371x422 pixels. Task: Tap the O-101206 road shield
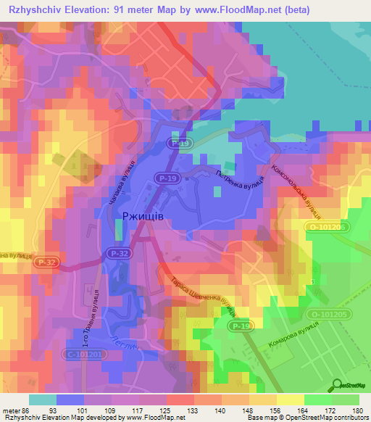pyautogui.click(x=326, y=227)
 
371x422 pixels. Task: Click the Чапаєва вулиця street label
pyautogui.click(x=122, y=181)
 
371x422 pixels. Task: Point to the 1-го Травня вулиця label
pyautogui.click(x=93, y=308)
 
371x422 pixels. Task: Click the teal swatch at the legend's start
pyautogui.click(x=43, y=399)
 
